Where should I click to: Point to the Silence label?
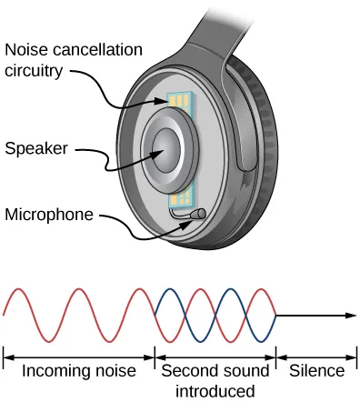coord(317,370)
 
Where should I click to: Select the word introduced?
coord(215,391)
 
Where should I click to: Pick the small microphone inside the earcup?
coord(195,215)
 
